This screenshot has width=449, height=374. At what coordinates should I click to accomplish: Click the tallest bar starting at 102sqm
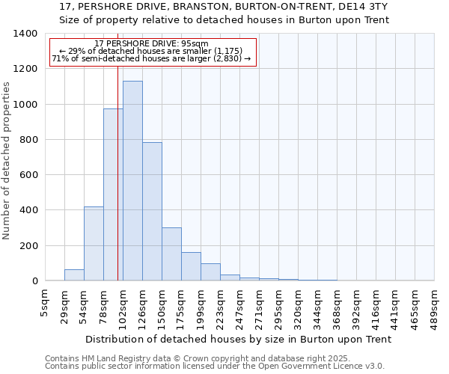132,180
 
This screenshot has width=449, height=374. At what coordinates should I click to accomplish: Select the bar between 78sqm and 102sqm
113,194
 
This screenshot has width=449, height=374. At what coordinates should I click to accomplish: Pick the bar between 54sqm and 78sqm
94,243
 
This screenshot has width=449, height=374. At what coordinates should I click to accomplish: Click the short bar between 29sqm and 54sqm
74,275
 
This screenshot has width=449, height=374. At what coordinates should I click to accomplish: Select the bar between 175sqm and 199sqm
191,266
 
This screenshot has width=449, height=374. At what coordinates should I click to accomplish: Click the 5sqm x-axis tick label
45,301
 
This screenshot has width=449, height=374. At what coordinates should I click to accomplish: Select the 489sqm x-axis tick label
434,307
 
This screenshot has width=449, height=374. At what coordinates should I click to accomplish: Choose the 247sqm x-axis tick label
239,307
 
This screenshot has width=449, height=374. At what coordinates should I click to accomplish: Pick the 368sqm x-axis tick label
337,307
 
